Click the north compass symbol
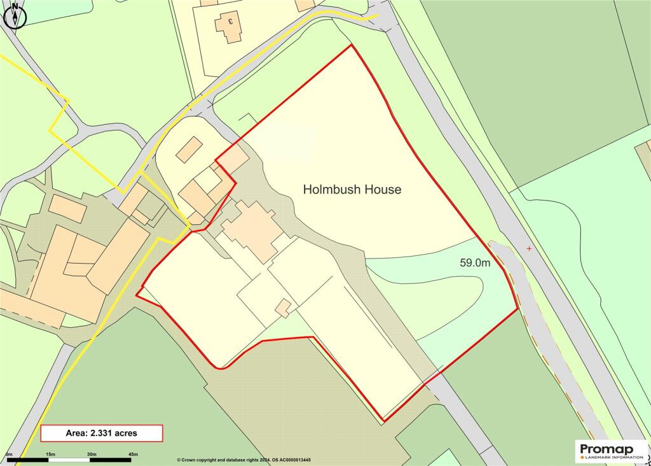coord(15,15)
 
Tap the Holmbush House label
coord(352,189)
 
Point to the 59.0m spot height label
coord(475,262)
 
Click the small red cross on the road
coord(529,248)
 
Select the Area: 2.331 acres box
coord(102,433)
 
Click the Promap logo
coord(611,451)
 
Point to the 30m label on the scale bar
coord(92,453)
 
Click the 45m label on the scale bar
coord(133,453)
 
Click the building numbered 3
coord(229,25)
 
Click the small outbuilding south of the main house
coord(284,309)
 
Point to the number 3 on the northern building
coord(231,21)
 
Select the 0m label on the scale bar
coord(8,453)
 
